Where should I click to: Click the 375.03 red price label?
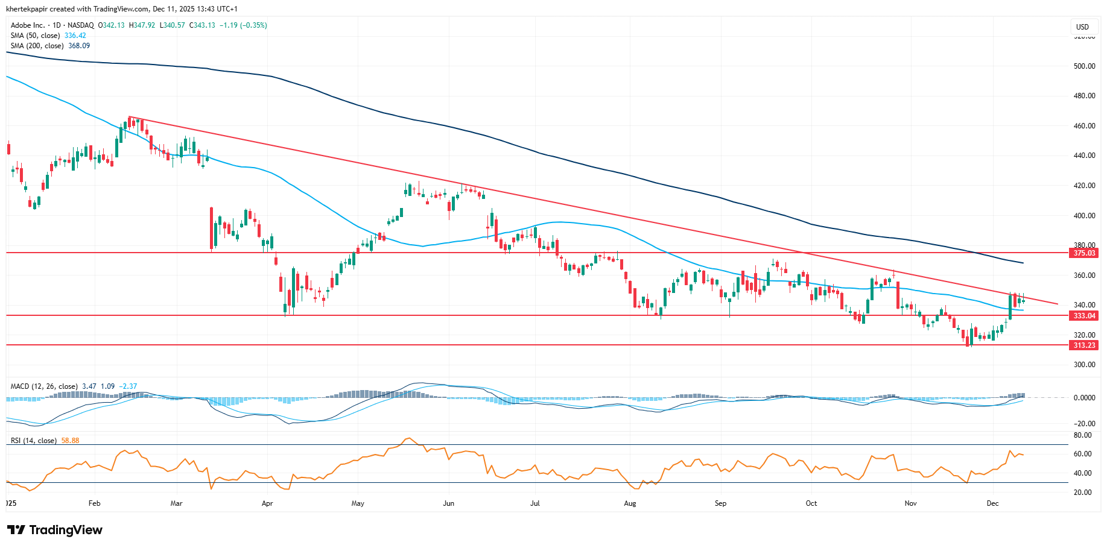1083,253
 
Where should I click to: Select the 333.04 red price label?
1083,316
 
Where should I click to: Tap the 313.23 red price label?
1083,345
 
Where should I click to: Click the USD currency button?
1082,27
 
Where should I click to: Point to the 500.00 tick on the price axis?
1085,66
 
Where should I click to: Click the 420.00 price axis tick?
1085,186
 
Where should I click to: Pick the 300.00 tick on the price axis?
1085,365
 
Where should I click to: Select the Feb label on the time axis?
94,503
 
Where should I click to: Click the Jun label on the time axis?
448,503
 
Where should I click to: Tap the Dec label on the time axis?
992,503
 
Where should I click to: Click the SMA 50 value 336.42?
75,36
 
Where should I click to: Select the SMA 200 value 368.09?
79,46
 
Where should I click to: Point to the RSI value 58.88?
70,441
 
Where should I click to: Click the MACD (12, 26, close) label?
44,386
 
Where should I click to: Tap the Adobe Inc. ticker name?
28,25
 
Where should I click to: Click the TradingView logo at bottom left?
55,530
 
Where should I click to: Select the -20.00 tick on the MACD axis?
1085,424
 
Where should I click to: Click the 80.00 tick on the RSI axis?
1083,435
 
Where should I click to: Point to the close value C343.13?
202,25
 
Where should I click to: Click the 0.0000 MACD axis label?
1084,398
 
